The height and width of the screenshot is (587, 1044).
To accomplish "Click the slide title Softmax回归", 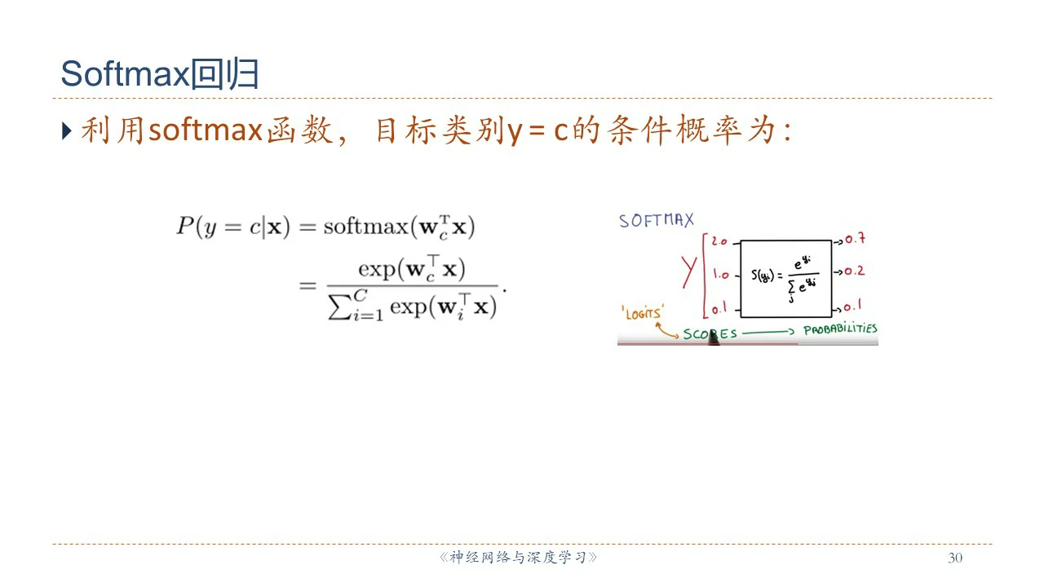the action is coord(160,73).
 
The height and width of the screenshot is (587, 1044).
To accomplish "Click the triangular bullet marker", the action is coord(67,131).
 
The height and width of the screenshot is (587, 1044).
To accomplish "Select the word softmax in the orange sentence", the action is coord(206,130).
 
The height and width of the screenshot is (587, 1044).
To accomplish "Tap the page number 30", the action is coord(955,558).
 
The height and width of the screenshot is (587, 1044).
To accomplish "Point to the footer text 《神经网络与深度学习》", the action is coord(518,557).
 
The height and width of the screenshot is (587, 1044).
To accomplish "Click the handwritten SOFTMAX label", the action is coord(657,220).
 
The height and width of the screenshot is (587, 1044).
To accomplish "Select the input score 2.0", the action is coord(719,241).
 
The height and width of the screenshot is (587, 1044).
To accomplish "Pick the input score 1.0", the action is coord(720,275).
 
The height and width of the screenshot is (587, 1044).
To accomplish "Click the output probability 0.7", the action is coord(856,239).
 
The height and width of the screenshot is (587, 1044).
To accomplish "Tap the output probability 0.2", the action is coord(854,271).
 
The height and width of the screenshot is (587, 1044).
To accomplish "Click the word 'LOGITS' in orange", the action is coord(643,313).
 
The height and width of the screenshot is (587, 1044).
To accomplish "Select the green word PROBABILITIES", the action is coord(840,329).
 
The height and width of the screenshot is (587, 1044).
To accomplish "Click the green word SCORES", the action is coord(710,334).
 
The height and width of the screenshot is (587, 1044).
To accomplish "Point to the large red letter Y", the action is coord(689,271).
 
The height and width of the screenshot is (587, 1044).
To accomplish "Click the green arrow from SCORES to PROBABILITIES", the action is coord(768,332).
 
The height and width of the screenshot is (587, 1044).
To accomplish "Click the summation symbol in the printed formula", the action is coord(339,307).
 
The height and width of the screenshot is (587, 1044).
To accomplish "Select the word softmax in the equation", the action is coord(366,227).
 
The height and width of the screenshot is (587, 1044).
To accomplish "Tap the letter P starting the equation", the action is coord(185,226).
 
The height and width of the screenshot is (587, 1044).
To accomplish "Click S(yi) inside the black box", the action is coord(763,276).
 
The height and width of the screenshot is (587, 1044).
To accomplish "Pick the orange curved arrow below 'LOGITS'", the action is coord(666,331).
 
